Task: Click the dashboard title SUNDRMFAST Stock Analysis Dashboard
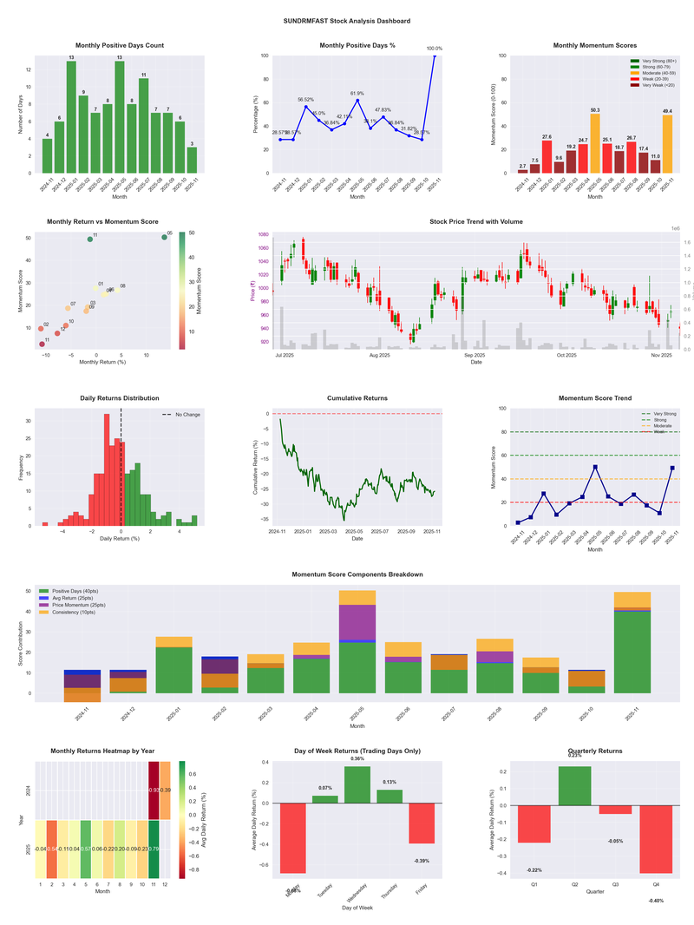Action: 347,21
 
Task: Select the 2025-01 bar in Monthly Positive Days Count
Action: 71,116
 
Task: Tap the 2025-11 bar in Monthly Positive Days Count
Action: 192,160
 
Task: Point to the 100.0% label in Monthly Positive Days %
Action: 435,49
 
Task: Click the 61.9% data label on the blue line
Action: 357,93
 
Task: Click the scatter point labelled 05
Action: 165,237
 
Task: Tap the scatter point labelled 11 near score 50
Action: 89,239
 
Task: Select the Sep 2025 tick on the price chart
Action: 474,355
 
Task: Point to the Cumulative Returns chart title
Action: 357,398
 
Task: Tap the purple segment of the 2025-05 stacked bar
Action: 357,622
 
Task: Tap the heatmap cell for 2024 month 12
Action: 165,790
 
